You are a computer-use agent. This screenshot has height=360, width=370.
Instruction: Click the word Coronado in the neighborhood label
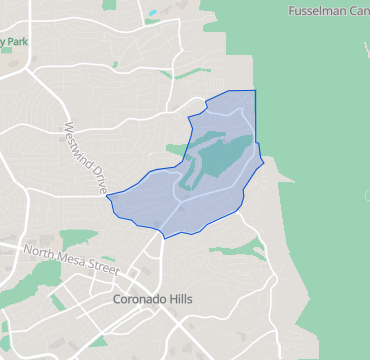point(138,299)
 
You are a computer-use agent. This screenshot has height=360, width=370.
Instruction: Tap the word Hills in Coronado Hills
point(180,299)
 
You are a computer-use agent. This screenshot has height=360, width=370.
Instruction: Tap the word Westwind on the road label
point(79,141)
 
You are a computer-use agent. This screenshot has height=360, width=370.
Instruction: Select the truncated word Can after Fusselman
point(357,11)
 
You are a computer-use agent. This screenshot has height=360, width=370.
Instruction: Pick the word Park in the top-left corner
point(17,42)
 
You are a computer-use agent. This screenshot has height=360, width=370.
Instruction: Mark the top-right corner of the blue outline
point(255,91)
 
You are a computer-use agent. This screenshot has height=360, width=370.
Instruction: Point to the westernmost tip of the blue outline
point(106,195)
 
